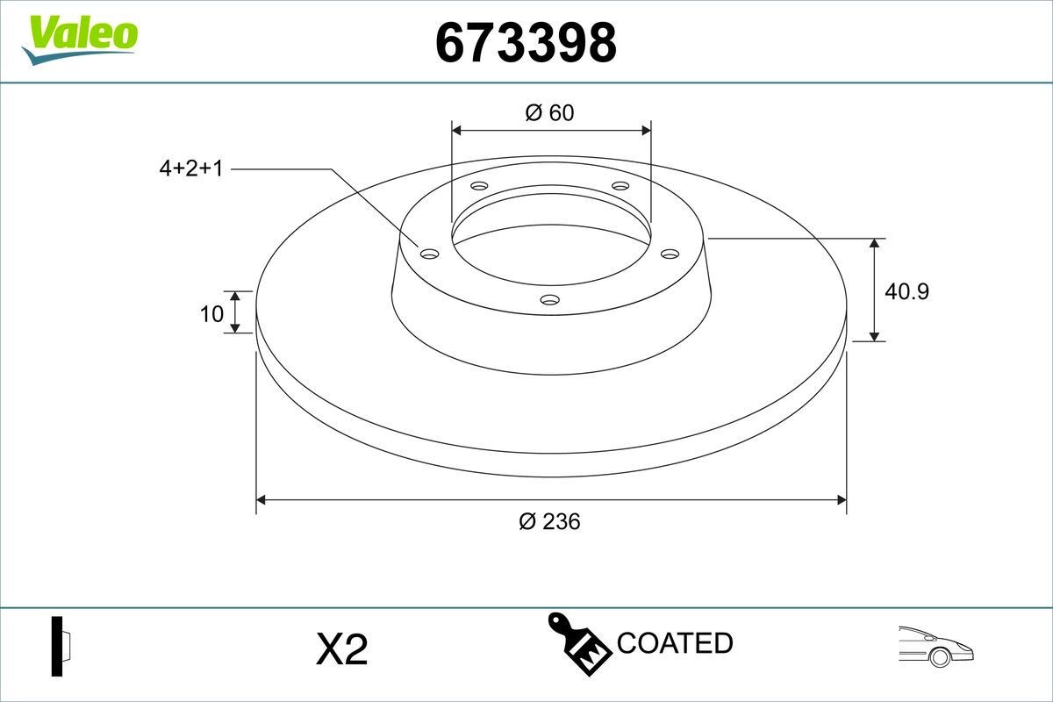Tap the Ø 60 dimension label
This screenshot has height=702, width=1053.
click(x=549, y=112)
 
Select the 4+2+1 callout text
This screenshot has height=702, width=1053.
click(x=191, y=168)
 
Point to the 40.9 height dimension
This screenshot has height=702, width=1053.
click(x=906, y=291)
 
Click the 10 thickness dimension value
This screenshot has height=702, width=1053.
click(x=211, y=312)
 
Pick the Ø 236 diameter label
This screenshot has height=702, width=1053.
click(x=549, y=521)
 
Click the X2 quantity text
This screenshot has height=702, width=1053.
click(x=340, y=650)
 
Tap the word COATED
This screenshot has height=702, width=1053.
click(x=675, y=643)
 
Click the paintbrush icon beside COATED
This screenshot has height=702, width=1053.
click(x=578, y=646)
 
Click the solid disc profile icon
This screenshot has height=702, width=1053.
click(x=60, y=646)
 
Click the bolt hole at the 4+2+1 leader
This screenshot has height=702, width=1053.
click(x=429, y=254)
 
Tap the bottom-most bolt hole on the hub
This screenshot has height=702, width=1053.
click(x=550, y=300)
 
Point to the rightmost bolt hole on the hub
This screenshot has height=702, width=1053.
click(x=670, y=254)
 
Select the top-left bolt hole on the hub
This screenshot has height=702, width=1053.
click(x=479, y=186)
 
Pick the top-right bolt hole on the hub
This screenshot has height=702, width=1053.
click(x=620, y=186)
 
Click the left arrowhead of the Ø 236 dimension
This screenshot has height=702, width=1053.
click(x=261, y=500)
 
